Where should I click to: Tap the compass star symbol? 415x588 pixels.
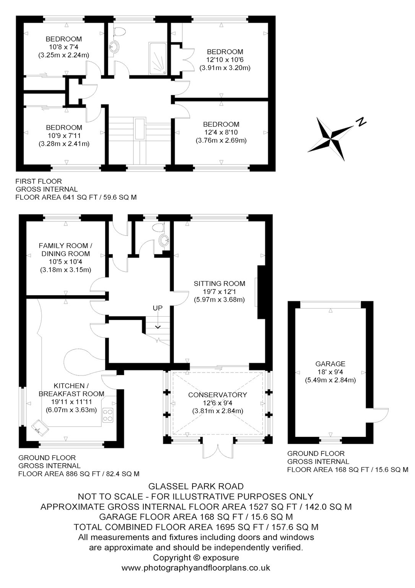click(331, 139)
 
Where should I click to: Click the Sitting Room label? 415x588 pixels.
click(219, 284)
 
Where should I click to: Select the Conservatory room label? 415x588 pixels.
click(217, 395)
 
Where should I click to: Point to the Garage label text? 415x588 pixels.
click(330, 364)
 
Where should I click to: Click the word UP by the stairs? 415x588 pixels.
click(158, 308)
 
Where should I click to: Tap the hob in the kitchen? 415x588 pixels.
click(108, 415)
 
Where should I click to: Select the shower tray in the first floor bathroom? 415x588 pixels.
click(158, 58)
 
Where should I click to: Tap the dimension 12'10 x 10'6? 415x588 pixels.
click(225, 60)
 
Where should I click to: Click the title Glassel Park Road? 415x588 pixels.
click(196, 487)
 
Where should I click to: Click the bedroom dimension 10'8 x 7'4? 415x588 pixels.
click(64, 47)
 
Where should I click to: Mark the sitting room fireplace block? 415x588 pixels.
click(262, 292)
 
